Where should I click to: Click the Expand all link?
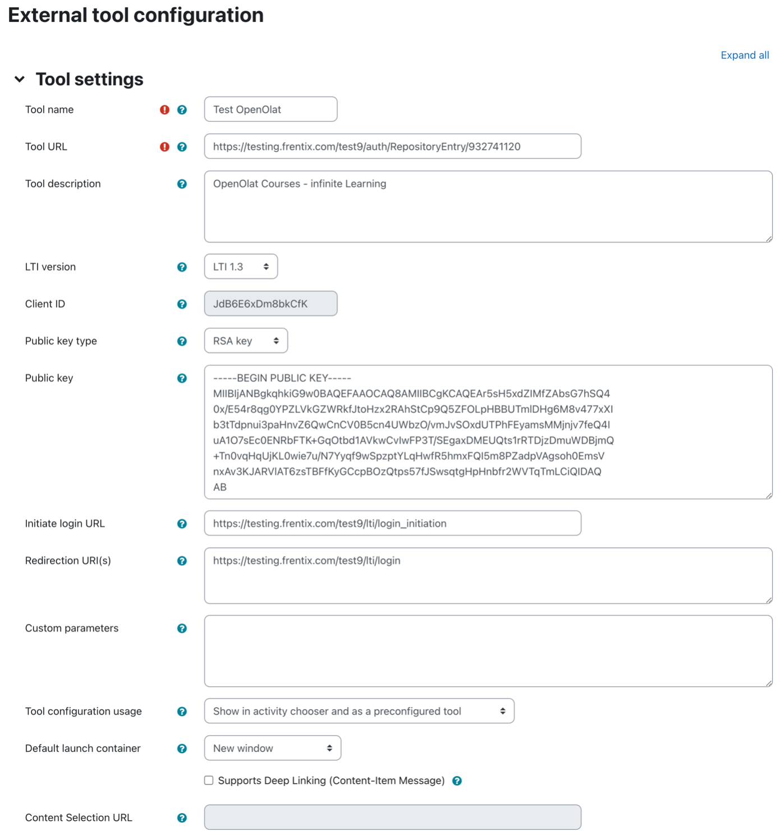pos(744,55)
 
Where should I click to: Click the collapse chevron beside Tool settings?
pos(20,79)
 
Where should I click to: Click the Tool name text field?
pos(270,109)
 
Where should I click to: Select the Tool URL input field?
pos(392,146)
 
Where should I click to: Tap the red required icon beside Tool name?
pos(164,110)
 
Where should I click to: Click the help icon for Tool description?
pos(182,184)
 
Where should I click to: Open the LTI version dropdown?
pos(241,267)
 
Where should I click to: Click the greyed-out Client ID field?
pos(270,304)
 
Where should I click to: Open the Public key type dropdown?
pos(246,341)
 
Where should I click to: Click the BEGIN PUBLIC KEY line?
pos(282,378)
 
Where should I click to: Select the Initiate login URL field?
pos(392,524)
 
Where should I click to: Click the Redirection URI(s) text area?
pos(488,576)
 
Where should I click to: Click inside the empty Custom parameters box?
pos(488,651)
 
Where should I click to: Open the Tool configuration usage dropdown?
pos(359,711)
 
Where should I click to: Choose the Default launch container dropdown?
pos(273,748)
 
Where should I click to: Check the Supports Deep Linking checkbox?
pos(209,781)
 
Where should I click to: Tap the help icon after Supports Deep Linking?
pos(457,781)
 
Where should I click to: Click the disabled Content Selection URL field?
pos(392,817)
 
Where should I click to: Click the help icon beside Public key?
pos(182,378)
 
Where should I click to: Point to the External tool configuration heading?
pos(136,15)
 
